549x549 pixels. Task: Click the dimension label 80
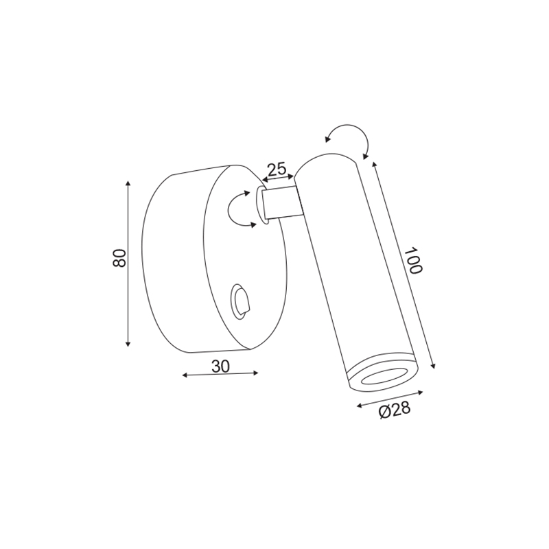(x=119, y=258)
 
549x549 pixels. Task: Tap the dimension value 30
(x=220, y=366)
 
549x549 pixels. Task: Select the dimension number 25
(x=277, y=170)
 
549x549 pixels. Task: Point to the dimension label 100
(x=413, y=261)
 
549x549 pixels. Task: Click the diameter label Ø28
(x=394, y=410)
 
